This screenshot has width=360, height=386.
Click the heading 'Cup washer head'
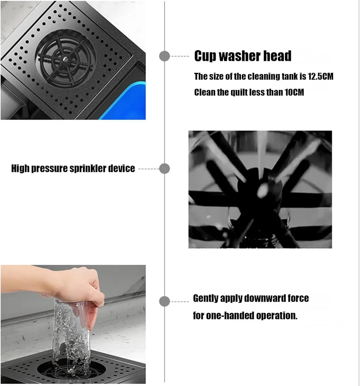click(x=243, y=56)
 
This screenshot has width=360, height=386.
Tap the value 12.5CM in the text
click(x=321, y=77)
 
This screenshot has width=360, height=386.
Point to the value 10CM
click(x=294, y=92)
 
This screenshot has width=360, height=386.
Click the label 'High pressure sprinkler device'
click(x=73, y=169)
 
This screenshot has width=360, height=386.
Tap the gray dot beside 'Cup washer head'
click(x=165, y=56)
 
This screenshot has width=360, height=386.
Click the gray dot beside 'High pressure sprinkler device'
click(x=165, y=169)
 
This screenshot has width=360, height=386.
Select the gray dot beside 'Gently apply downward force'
click(x=165, y=301)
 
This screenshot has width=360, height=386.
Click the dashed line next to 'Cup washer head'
click(x=180, y=56)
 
